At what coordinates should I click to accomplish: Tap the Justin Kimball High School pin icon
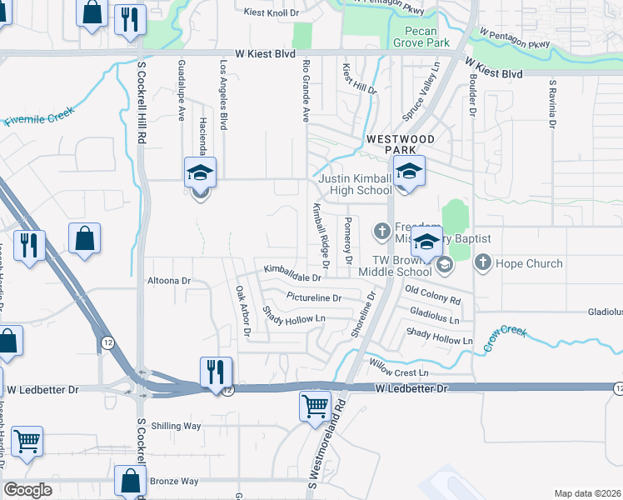[x=409, y=172]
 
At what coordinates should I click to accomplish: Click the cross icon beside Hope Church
[x=482, y=263]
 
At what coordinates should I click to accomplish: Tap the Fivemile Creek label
[x=39, y=116]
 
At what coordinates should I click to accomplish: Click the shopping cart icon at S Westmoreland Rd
[x=315, y=407]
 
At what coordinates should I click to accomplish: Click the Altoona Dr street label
[x=167, y=281]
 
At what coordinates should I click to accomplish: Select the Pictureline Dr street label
[x=314, y=297]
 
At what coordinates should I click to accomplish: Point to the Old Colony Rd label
[x=432, y=294]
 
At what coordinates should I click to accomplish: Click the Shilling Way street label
[x=177, y=426]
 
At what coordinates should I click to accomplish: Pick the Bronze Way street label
[x=174, y=481]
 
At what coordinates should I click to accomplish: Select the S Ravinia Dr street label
[x=551, y=105]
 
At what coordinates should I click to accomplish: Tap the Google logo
[x=27, y=490]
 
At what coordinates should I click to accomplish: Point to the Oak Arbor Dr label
[x=242, y=310]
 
